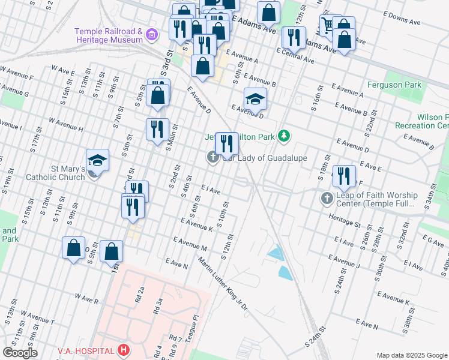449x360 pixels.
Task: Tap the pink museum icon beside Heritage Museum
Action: pos(152,35)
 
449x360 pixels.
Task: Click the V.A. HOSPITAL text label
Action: pos(85,350)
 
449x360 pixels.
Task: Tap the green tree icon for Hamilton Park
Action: pos(283,137)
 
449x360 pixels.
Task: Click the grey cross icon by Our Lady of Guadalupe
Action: pos(212,158)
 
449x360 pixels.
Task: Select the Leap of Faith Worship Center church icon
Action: pos(327,197)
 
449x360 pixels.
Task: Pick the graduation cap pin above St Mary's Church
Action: pos(97,160)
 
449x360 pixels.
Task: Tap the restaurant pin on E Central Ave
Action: pos(294,37)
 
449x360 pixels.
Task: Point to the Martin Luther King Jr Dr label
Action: pos(223,284)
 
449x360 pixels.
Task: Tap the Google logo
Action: pos(20,353)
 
